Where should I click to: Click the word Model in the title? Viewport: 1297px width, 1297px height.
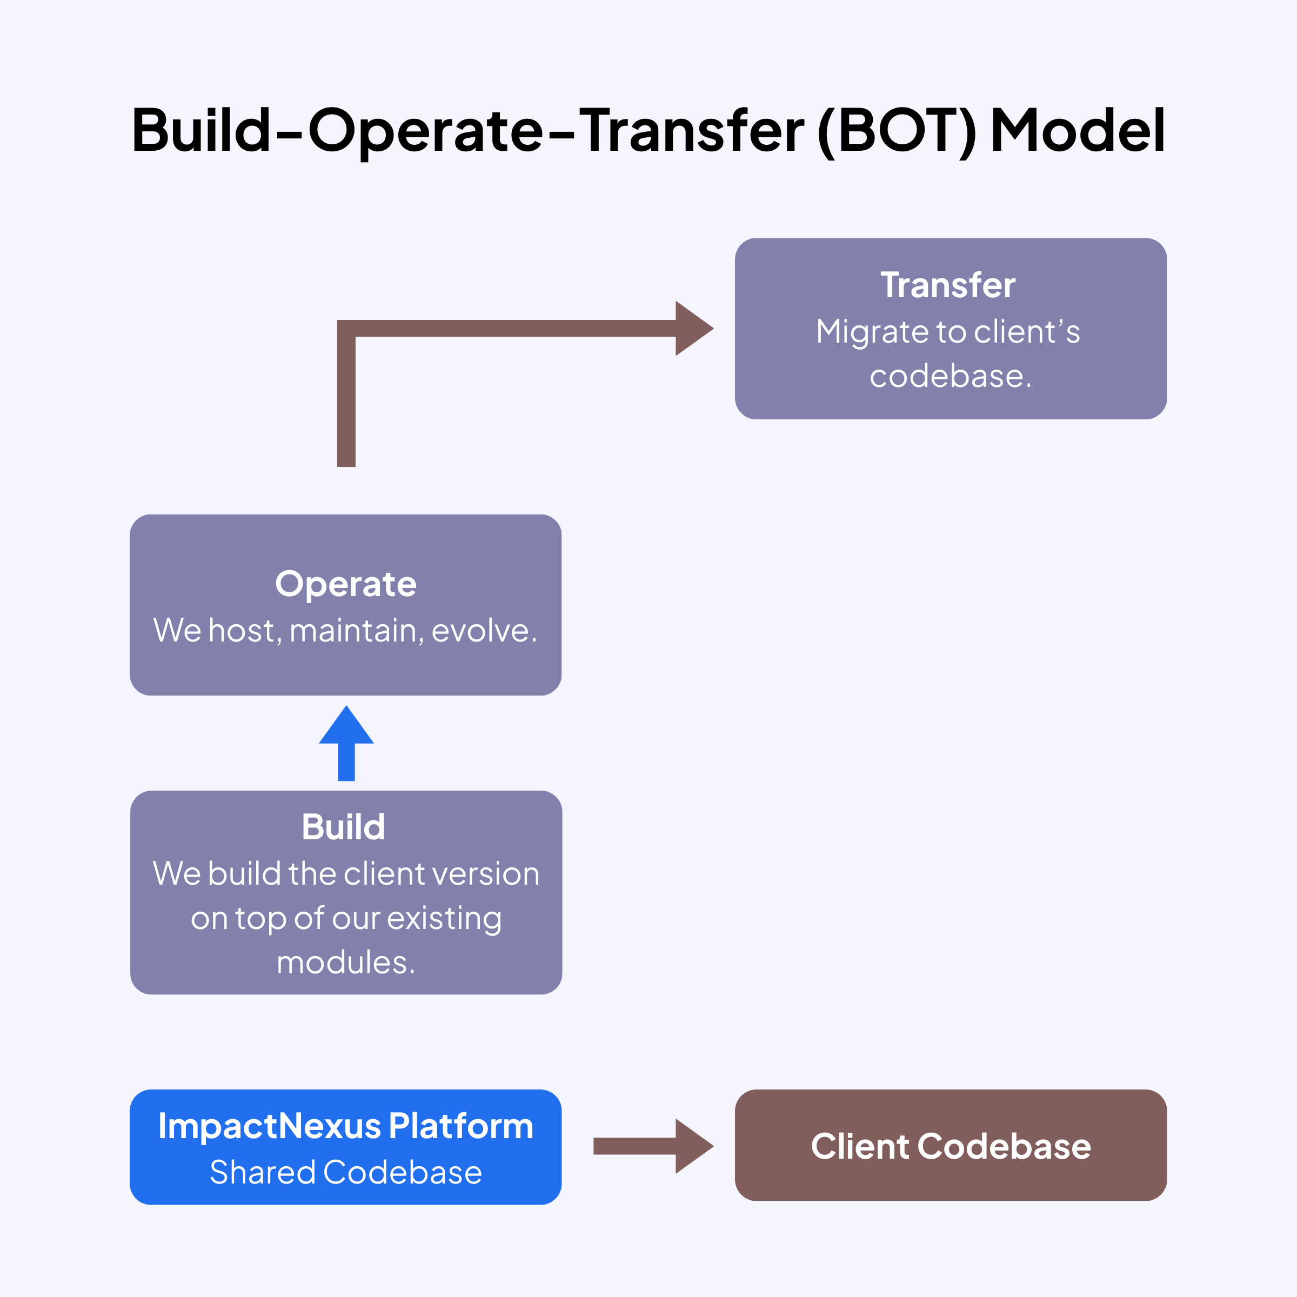pos(1078,130)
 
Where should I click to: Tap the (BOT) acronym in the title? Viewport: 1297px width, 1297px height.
pos(897,131)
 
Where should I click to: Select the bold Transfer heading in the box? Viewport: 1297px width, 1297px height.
pos(947,285)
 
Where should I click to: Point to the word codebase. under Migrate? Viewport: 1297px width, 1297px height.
pos(950,376)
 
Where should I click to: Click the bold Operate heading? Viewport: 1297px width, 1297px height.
pos(346,584)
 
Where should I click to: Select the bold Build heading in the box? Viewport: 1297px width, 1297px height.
pos(343,827)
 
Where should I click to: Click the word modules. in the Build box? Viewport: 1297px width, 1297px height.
pos(346,962)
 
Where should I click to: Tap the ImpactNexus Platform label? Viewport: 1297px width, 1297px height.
pos(346,1126)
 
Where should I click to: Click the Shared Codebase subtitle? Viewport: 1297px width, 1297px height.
pos(346,1172)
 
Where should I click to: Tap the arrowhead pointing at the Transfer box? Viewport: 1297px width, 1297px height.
pos(693,328)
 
